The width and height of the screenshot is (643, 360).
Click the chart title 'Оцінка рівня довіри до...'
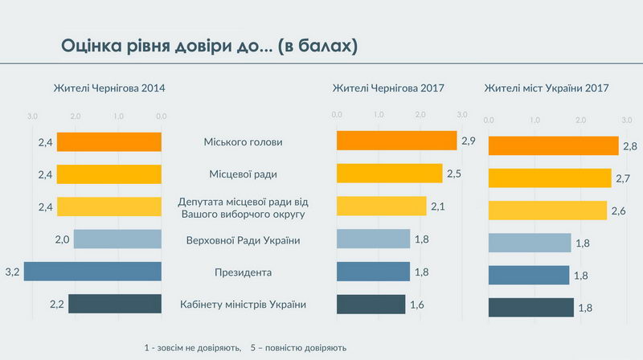(209, 46)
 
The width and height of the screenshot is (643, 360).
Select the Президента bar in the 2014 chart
(92, 271)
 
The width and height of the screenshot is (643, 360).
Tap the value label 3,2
(12, 272)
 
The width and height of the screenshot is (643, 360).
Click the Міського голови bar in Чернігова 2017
(396, 141)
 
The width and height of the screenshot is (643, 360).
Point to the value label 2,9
(469, 141)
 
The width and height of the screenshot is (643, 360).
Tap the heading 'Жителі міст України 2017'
(546, 88)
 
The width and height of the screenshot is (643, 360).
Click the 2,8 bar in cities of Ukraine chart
(553, 145)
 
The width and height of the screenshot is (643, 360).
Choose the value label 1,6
(418, 305)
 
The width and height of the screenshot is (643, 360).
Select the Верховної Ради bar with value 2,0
(117, 239)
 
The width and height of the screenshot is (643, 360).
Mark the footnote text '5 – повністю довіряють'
(298, 348)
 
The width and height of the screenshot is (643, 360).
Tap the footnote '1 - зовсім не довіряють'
(192, 348)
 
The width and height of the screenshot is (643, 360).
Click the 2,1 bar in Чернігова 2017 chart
(381, 206)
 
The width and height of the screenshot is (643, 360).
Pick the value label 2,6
(620, 211)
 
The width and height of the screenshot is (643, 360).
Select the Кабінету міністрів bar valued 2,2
(115, 304)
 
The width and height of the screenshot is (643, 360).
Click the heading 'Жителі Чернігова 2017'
(388, 88)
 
